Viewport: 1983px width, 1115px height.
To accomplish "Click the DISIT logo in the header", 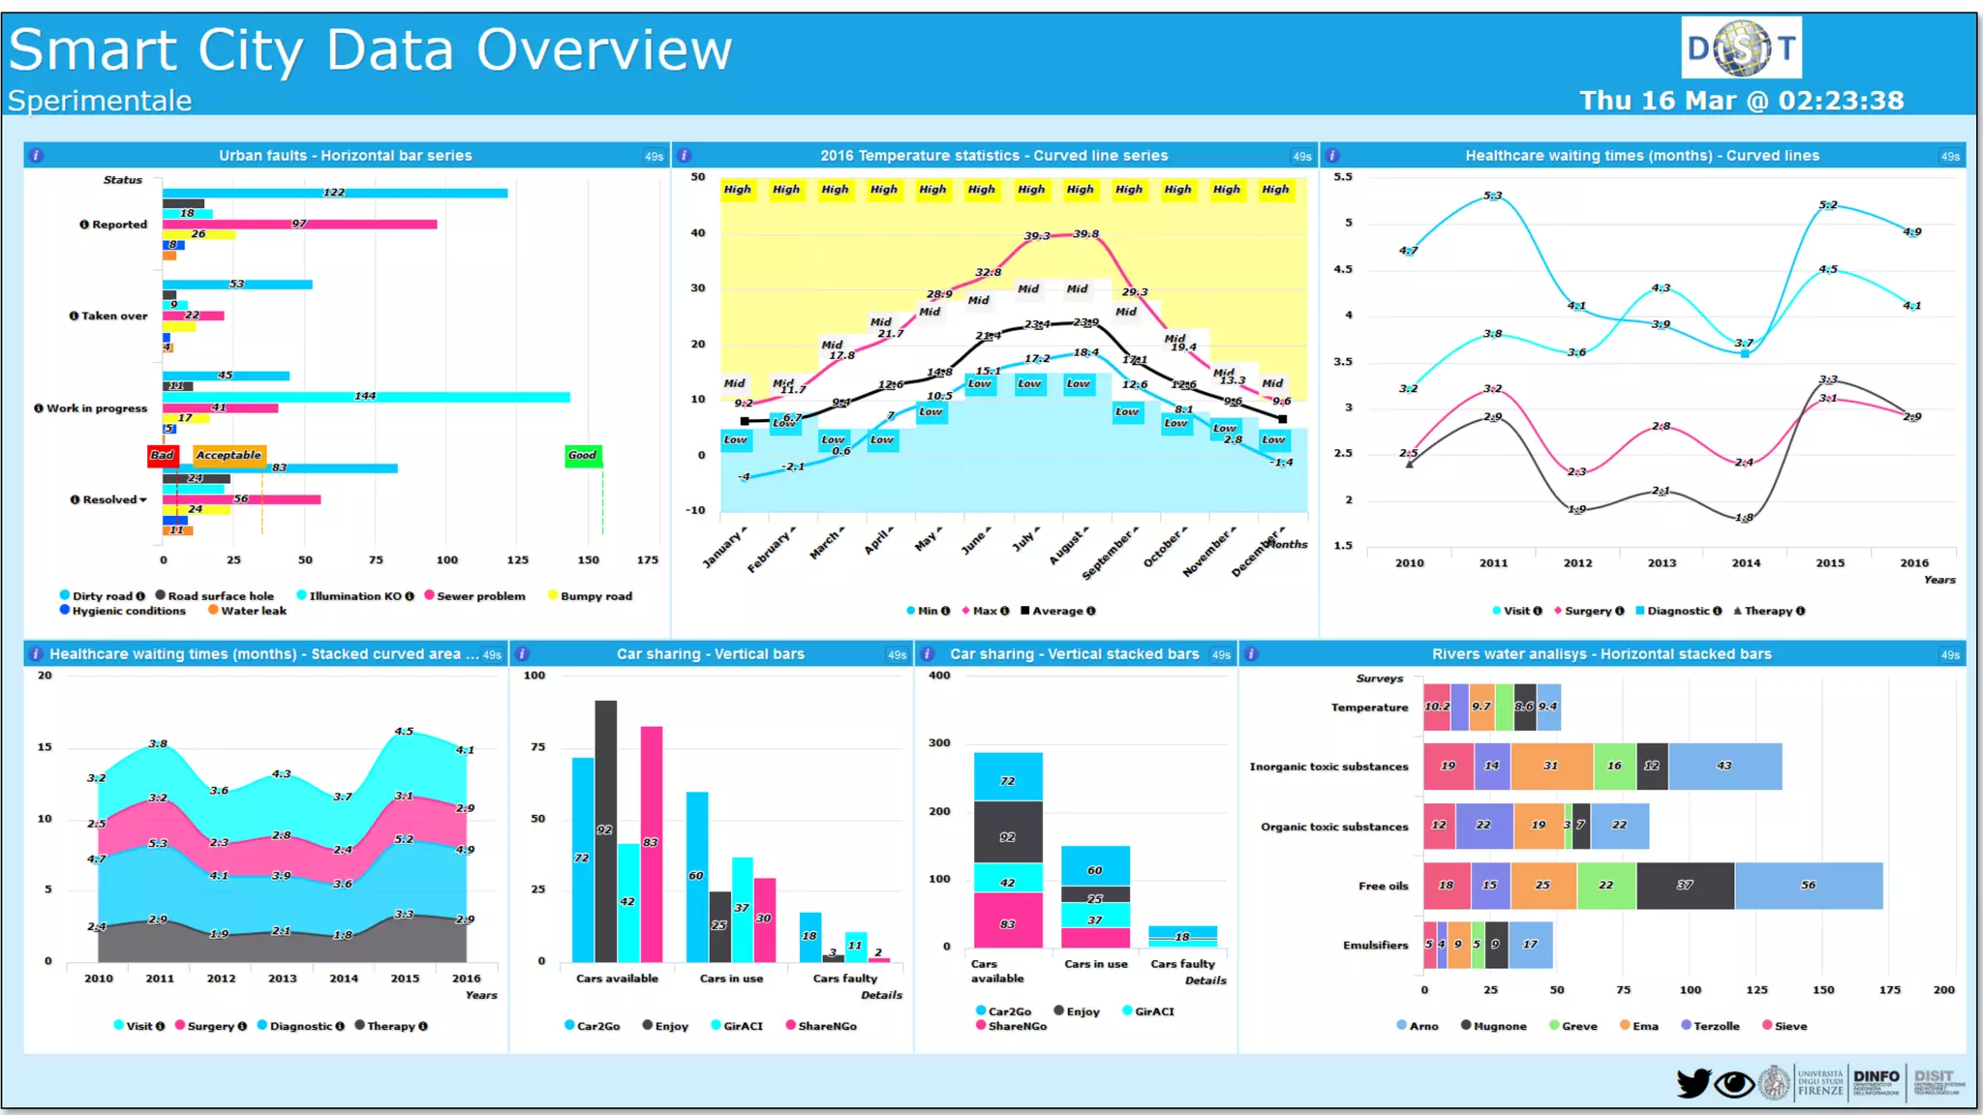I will point(1741,47).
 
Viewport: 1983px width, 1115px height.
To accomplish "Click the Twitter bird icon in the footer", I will point(1693,1083).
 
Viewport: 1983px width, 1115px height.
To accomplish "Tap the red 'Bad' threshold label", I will point(163,455).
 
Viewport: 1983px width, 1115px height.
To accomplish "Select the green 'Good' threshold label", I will point(583,455).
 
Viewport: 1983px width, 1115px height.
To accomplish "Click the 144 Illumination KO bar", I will point(366,397).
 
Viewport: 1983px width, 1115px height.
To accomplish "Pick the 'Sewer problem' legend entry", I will point(480,596).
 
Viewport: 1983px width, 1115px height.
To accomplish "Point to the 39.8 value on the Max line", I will point(1085,233).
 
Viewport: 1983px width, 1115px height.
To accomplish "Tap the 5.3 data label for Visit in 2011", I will point(1493,196).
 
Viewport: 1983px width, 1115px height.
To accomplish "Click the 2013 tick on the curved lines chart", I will point(1662,562).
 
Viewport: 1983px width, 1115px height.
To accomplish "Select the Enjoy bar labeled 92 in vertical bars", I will point(605,829).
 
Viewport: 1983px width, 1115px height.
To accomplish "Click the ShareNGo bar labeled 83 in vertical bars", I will point(652,842).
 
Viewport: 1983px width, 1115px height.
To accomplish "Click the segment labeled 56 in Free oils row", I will point(1808,886).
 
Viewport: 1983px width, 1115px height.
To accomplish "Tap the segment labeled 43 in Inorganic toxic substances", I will point(1724,766).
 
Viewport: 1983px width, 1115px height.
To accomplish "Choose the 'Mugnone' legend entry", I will point(1499,1026).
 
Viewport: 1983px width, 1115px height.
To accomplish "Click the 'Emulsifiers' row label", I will point(1375,946).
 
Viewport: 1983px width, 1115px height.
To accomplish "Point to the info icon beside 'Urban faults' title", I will point(36,155).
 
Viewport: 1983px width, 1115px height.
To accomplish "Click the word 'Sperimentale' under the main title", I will point(100,101).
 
